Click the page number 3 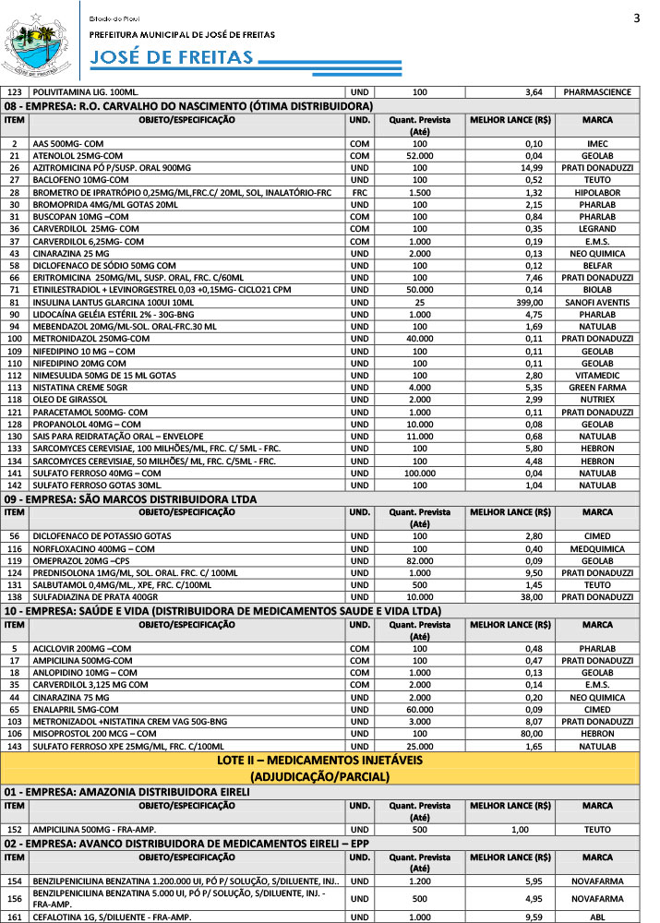point(637,19)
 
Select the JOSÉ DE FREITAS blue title point(172,58)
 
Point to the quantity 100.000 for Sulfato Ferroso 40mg point(420,473)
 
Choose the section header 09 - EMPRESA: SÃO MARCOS point(143,499)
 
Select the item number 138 point(14,597)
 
